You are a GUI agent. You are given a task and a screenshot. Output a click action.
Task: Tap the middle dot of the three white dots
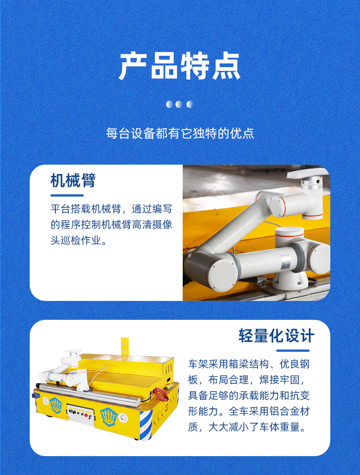tap(179, 104)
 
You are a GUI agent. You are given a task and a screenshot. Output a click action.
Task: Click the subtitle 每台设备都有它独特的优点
tap(180, 133)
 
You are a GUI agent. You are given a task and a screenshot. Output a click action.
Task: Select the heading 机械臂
tap(73, 180)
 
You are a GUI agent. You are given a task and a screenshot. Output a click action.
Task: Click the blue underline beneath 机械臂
tap(67, 195)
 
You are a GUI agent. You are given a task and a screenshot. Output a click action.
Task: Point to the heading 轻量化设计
tap(276, 336)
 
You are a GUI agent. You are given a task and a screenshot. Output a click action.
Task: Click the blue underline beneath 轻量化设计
tap(293, 350)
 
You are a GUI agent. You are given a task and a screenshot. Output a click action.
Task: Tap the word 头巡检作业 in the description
tap(76, 241)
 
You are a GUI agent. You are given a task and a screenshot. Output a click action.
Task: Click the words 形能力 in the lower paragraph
tap(203, 411)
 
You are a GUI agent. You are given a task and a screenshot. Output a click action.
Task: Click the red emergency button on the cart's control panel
tap(86, 415)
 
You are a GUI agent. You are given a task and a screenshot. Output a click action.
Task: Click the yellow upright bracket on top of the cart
tap(125, 347)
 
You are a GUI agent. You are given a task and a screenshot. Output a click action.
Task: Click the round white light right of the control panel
tap(123, 418)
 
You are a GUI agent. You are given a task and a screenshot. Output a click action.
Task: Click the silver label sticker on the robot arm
tap(285, 262)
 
